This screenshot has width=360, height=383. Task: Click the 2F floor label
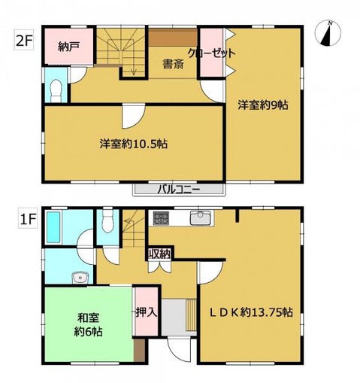pos(24,41)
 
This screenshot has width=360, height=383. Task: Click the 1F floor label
pos(28,220)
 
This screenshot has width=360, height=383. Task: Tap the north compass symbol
pos(328,33)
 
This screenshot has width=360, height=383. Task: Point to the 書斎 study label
pos(174,64)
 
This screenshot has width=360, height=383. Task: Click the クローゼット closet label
pos(212,53)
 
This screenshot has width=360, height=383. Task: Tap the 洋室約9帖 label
pos(263,105)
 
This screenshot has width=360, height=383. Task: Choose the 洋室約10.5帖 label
pos(134,144)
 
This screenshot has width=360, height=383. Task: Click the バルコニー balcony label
pos(179,190)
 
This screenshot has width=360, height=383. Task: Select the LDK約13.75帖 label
pos(251,312)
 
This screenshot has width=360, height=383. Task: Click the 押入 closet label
pos(147,312)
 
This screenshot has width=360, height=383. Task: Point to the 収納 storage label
pos(159,254)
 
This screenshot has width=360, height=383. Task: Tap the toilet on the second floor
pos(56,91)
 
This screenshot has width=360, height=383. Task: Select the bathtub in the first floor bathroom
pos(53,227)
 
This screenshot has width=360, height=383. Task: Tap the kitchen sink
pos(200,217)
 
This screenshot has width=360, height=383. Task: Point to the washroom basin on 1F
pos(80,278)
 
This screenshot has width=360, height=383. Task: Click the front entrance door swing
pos(179,350)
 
